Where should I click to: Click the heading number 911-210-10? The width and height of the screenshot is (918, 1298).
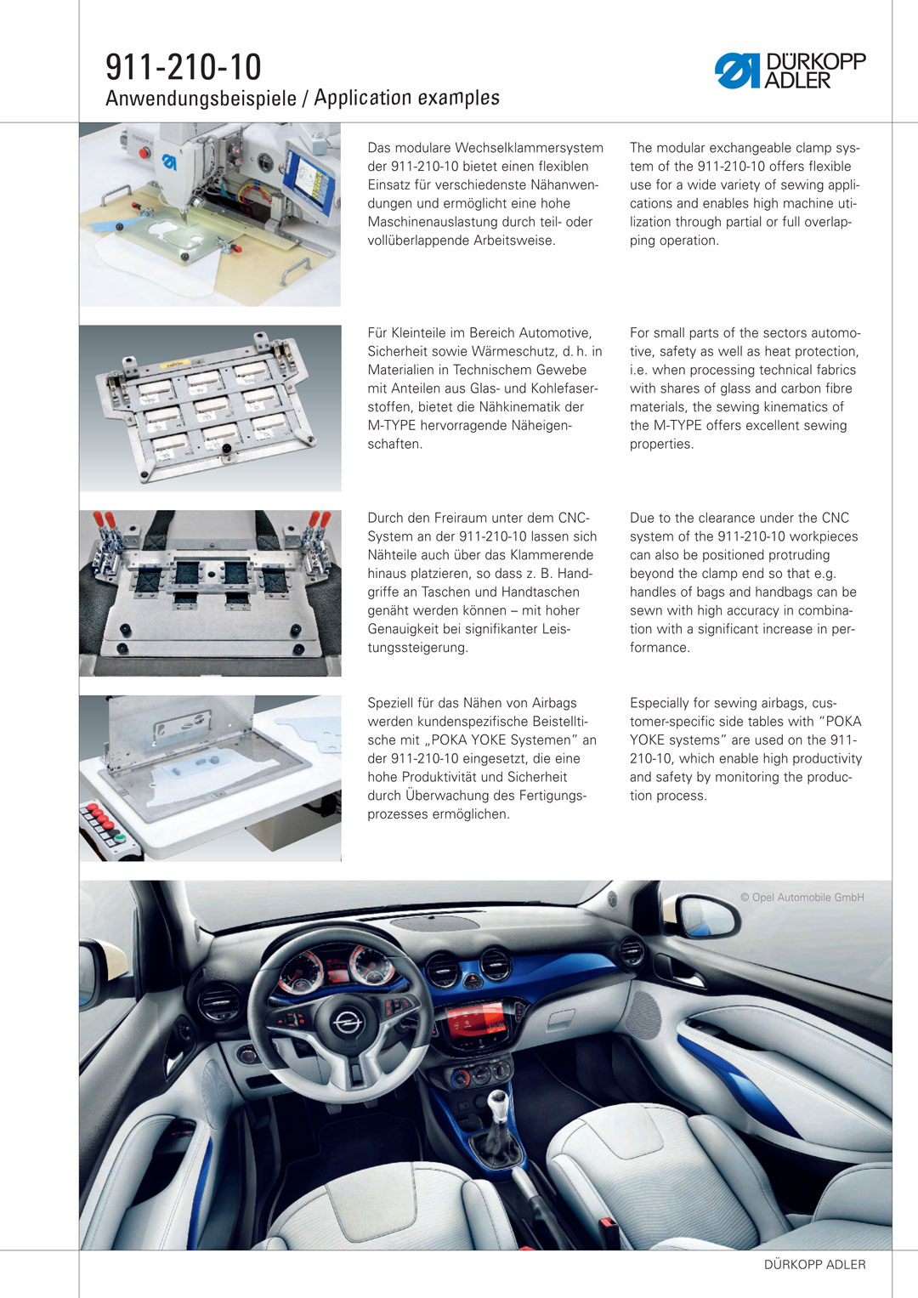point(184,66)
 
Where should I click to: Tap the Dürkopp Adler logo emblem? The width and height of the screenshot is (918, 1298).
point(736,71)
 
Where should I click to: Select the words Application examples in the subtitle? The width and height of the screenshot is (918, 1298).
point(406,98)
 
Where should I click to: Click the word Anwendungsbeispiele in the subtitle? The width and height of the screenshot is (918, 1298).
point(201,99)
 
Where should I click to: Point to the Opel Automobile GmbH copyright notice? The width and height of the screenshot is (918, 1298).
point(802,898)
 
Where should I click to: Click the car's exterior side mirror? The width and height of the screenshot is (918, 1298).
point(701,915)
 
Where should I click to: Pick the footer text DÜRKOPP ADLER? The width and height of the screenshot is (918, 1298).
point(814,1265)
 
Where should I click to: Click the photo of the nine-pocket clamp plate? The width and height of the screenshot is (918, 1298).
point(210,408)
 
